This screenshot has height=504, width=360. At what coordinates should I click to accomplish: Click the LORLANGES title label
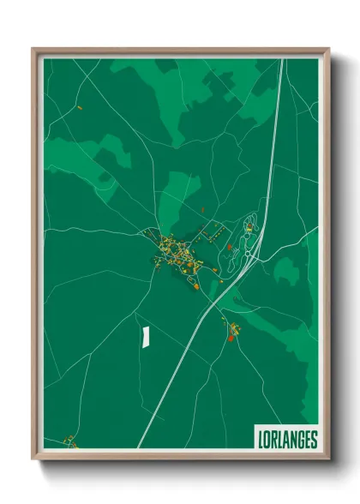coord(286,440)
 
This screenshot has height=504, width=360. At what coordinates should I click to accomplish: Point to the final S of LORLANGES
coord(314,440)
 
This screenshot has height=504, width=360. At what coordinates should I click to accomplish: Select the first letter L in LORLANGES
coord(260,440)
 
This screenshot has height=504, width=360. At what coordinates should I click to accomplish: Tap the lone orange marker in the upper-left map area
coord(79,108)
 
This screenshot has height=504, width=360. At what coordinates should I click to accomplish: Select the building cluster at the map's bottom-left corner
coord(71,442)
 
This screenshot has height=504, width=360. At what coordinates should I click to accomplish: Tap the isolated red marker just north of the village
coord(202,209)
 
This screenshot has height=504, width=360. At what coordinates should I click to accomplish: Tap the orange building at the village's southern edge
coord(196,287)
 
